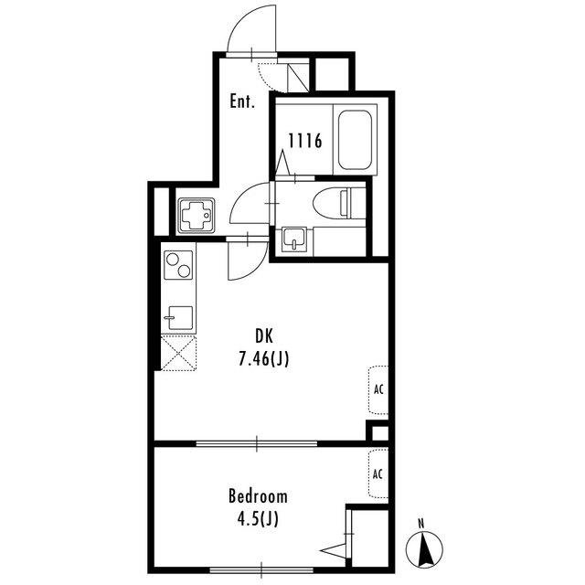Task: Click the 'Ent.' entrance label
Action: click(242, 101)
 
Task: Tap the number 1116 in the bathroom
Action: click(305, 141)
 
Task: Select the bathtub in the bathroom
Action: click(355, 139)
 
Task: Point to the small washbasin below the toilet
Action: click(294, 239)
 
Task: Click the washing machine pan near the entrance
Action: click(197, 216)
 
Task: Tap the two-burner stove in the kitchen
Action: click(178, 265)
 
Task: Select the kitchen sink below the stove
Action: click(179, 318)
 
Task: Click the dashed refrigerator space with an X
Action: click(179, 353)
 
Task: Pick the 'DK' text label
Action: click(264, 336)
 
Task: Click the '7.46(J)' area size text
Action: click(264, 359)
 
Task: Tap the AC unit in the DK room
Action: click(378, 390)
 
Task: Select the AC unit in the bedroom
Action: click(378, 473)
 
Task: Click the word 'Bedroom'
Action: click(258, 496)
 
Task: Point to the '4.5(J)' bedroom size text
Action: click(258, 519)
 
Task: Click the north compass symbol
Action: click(424, 549)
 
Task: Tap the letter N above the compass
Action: click(421, 524)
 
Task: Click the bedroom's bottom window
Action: click(261, 570)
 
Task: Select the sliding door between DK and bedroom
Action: click(257, 443)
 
